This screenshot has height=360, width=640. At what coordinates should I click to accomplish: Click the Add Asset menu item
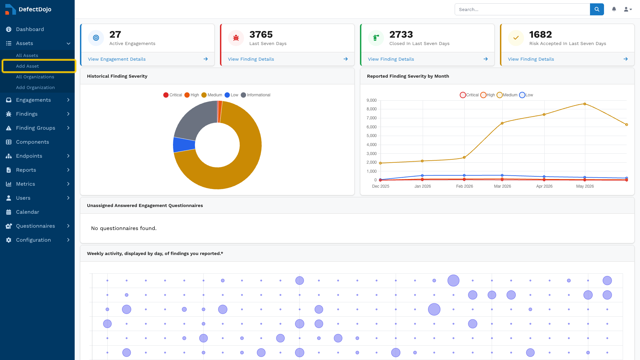tap(27, 66)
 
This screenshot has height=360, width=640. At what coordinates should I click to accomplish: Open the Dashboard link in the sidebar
tap(30, 29)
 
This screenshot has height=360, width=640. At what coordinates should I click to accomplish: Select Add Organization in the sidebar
tap(35, 87)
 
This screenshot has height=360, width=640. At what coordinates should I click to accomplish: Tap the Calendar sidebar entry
tap(27, 212)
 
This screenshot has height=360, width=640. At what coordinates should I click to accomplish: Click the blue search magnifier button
tap(597, 9)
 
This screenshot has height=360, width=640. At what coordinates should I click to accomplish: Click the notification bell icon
tap(614, 9)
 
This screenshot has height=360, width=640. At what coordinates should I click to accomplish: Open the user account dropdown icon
tap(628, 9)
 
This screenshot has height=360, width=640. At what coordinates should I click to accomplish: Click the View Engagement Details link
tap(117, 59)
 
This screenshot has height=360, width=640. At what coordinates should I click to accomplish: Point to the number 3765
tap(261, 34)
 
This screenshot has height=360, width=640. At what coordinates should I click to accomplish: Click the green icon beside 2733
tap(376, 38)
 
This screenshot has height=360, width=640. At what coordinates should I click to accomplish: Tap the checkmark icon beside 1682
tap(516, 38)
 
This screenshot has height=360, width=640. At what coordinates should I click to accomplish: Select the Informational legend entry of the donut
tap(255, 95)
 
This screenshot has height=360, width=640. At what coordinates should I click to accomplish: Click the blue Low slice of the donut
tap(184, 145)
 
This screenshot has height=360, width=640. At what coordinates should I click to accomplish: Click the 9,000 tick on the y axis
tap(371, 100)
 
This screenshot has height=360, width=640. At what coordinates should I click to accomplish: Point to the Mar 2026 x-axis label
tap(502, 186)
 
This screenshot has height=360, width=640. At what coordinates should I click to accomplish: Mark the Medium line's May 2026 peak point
tap(585, 104)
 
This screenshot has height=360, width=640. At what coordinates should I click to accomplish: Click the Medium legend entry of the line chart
tap(507, 95)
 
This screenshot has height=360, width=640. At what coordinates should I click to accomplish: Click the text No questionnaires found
tap(124, 228)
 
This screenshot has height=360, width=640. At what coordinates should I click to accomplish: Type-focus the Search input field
tap(522, 9)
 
